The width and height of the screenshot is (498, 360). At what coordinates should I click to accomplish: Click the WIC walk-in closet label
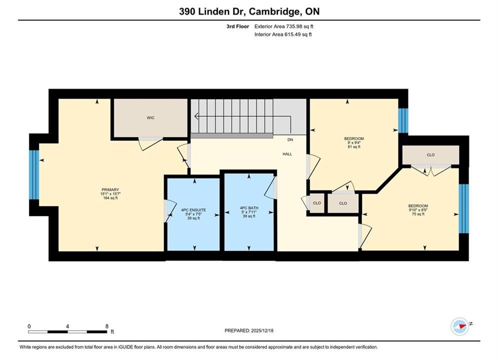pos(151,118)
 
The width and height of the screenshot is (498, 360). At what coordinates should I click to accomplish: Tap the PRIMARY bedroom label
pos(110,189)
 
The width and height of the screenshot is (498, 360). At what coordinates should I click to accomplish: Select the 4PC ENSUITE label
pos(193,210)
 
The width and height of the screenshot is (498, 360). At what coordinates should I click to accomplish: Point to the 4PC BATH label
pos(249,208)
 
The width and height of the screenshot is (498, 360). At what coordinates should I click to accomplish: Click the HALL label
pos(287,154)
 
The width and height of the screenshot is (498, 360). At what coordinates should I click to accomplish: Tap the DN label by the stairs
pos(290,139)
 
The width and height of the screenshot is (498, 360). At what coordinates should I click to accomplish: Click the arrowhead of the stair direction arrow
pos(196,116)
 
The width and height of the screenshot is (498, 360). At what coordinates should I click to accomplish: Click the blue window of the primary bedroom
pos(34,175)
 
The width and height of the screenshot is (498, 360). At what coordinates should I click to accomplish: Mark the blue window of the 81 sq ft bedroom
pos(403,120)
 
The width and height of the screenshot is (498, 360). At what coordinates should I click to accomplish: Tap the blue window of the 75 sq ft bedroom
pos(463,208)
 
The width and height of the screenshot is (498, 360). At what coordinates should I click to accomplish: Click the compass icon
pos(459,326)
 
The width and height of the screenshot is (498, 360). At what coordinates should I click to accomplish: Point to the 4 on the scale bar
pos(68,326)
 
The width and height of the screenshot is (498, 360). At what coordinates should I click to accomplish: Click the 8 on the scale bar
pos(107,326)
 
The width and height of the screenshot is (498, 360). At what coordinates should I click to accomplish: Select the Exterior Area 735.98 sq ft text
pos(284,26)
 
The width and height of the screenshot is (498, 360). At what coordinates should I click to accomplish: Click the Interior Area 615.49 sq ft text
pos(283,34)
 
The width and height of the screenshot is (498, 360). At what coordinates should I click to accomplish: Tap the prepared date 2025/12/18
pos(262,330)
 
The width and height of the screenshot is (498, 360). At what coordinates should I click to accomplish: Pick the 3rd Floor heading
pos(238,26)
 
